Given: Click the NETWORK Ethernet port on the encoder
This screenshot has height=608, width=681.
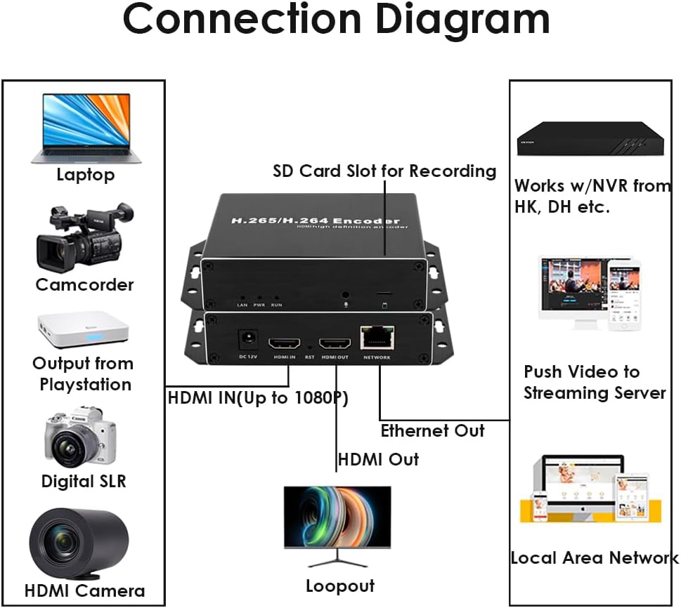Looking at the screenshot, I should pos(377,338).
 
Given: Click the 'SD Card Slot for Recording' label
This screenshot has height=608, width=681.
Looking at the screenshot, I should pos(384,171).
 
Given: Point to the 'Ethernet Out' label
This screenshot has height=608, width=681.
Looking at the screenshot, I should pos(432,430).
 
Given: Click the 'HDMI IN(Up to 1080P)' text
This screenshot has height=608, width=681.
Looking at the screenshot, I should pos(257,398).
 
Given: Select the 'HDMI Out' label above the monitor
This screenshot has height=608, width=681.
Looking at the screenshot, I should pos(378,460).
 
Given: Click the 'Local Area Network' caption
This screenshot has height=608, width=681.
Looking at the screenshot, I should pos(594,558).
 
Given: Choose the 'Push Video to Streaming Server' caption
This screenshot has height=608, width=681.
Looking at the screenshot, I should pos(594,382).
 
